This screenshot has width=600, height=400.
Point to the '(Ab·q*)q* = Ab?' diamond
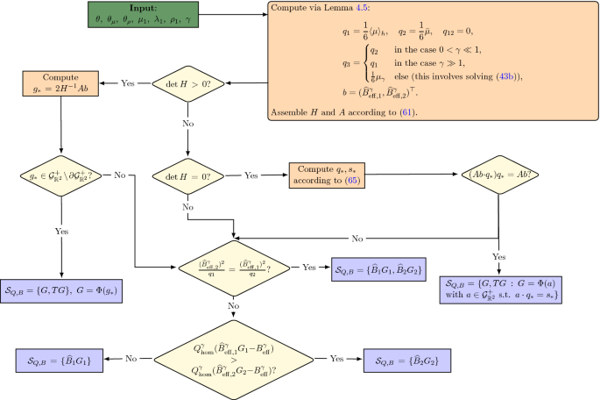pyautogui.click(x=498, y=174)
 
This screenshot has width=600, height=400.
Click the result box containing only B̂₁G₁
pyautogui.click(x=60, y=358)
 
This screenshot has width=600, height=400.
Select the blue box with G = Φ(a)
pyautogui.click(x=499, y=289)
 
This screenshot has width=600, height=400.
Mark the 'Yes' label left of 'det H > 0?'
pyautogui.click(x=127, y=85)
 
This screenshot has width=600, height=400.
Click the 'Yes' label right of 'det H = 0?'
pyautogui.click(x=251, y=174)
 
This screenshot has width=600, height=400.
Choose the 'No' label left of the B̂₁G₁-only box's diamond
pyautogui.click(x=129, y=358)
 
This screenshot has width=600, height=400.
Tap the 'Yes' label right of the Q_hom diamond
pyautogui.click(x=335, y=358)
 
